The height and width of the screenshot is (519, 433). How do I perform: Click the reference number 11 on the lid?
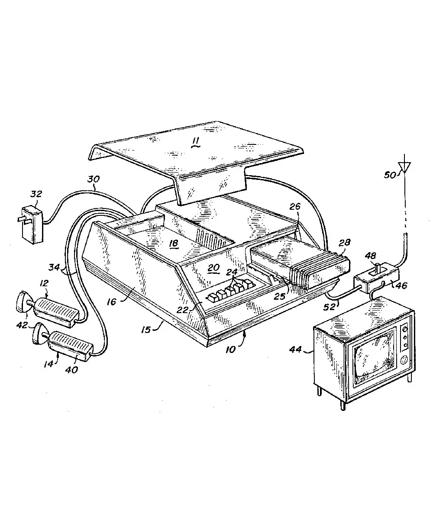(196, 142)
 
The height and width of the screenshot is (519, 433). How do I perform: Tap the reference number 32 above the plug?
(36, 194)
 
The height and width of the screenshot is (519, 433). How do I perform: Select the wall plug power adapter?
(32, 224)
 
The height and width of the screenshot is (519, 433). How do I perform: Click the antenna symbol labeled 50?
(404, 167)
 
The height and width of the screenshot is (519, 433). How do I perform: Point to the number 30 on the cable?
(94, 179)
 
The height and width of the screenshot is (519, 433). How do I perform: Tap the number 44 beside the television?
(295, 350)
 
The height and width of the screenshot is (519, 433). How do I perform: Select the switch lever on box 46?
(378, 269)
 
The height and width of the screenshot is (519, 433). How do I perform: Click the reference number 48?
(371, 256)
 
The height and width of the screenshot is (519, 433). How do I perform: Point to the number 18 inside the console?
(174, 243)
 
